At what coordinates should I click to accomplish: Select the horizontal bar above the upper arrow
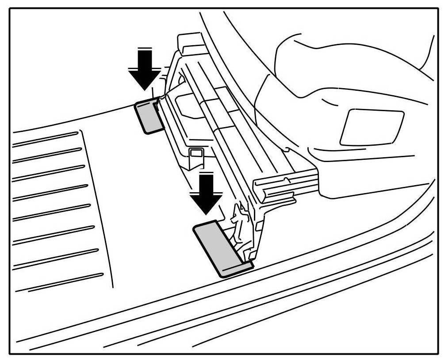coord(145,49)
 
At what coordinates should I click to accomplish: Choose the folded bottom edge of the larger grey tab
coord(237,268)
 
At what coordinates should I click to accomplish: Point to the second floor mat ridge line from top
coord(49,155)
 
